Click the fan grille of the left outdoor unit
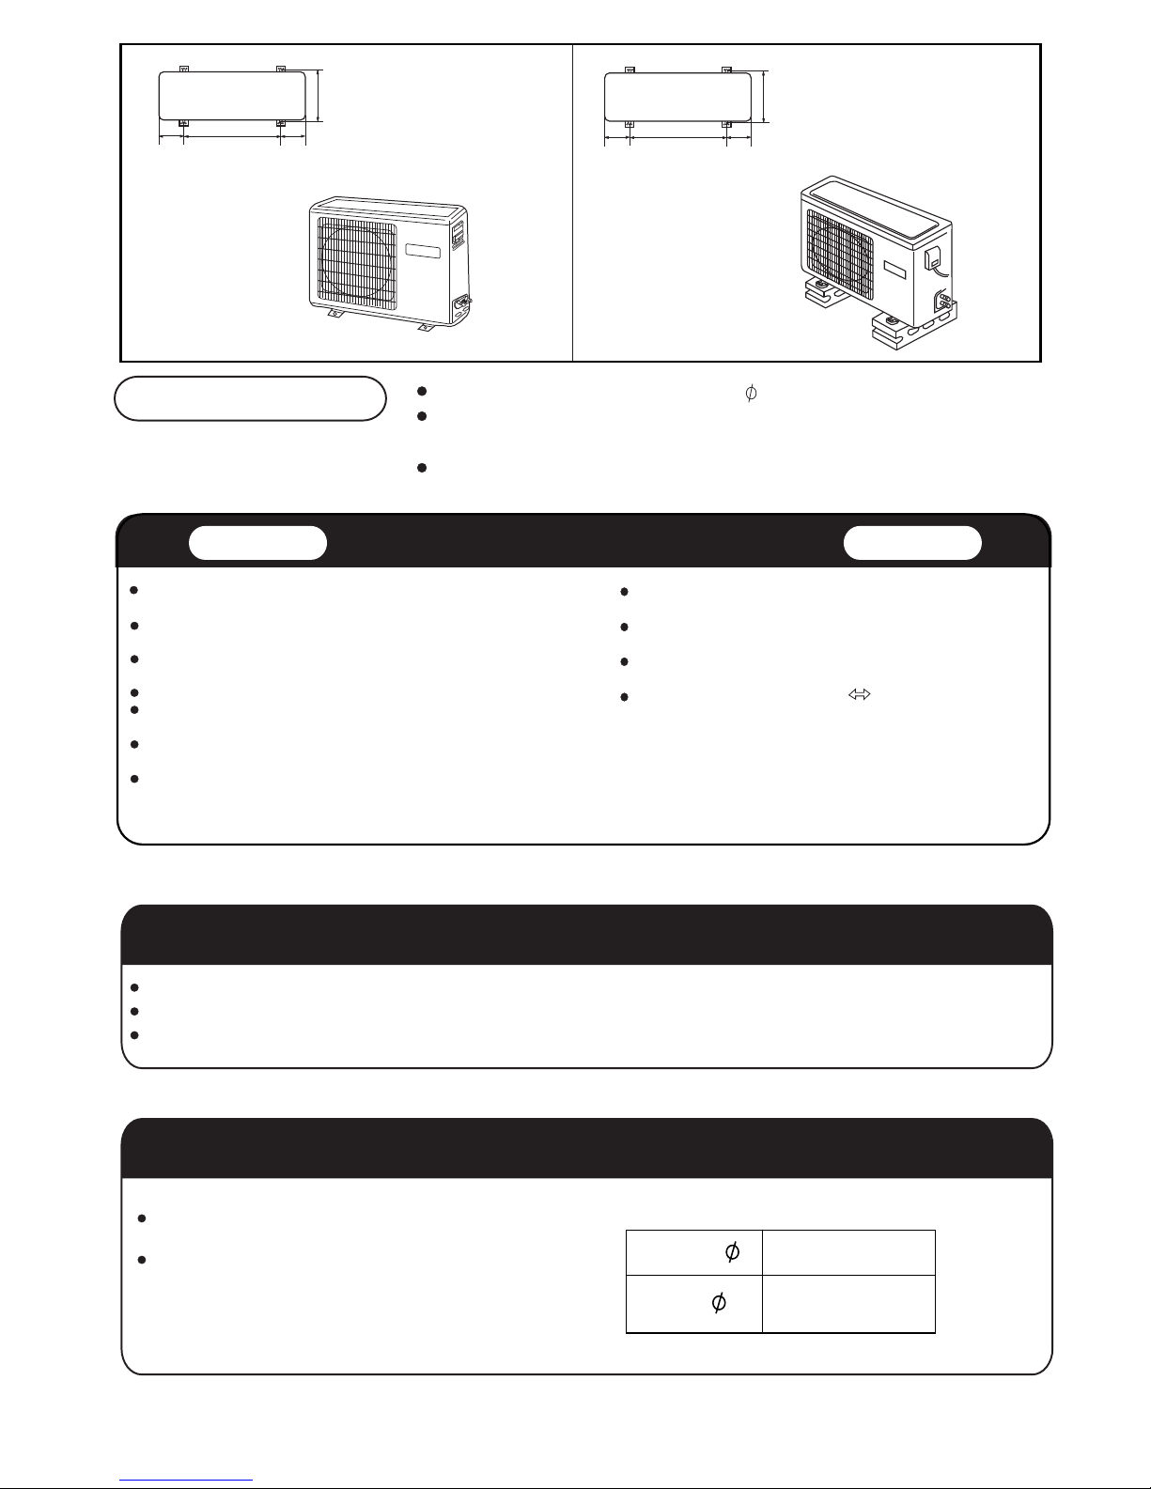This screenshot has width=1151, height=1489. pyautogui.click(x=356, y=261)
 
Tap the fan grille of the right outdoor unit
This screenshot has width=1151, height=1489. pyautogui.click(x=840, y=254)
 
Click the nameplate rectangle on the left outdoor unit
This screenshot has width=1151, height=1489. pyautogui.click(x=423, y=251)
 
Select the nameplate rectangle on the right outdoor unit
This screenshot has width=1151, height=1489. pyautogui.click(x=894, y=270)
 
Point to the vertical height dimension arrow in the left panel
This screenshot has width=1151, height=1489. pyautogui.click(x=319, y=96)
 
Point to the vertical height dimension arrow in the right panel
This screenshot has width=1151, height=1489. pyautogui.click(x=765, y=97)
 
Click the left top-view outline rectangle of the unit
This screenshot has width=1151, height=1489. pyautogui.click(x=232, y=96)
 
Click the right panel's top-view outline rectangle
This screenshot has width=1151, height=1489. pyautogui.click(x=677, y=98)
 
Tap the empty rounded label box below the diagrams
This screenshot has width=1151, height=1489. pyautogui.click(x=250, y=398)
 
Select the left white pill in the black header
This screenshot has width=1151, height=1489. pyautogui.click(x=257, y=543)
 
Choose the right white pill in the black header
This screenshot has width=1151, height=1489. pyautogui.click(x=912, y=543)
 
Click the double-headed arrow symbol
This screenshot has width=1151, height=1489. pyautogui.click(x=859, y=694)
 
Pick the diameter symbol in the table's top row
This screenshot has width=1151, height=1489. pyautogui.click(x=732, y=1252)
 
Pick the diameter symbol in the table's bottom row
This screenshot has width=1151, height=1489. pyautogui.click(x=719, y=1302)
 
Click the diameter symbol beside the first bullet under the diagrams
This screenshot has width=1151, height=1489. pyautogui.click(x=751, y=393)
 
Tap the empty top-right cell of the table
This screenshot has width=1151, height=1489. pyautogui.click(x=848, y=1252)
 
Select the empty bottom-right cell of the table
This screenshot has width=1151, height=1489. pyautogui.click(x=848, y=1303)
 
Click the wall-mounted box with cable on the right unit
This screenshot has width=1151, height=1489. pyautogui.click(x=933, y=259)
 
